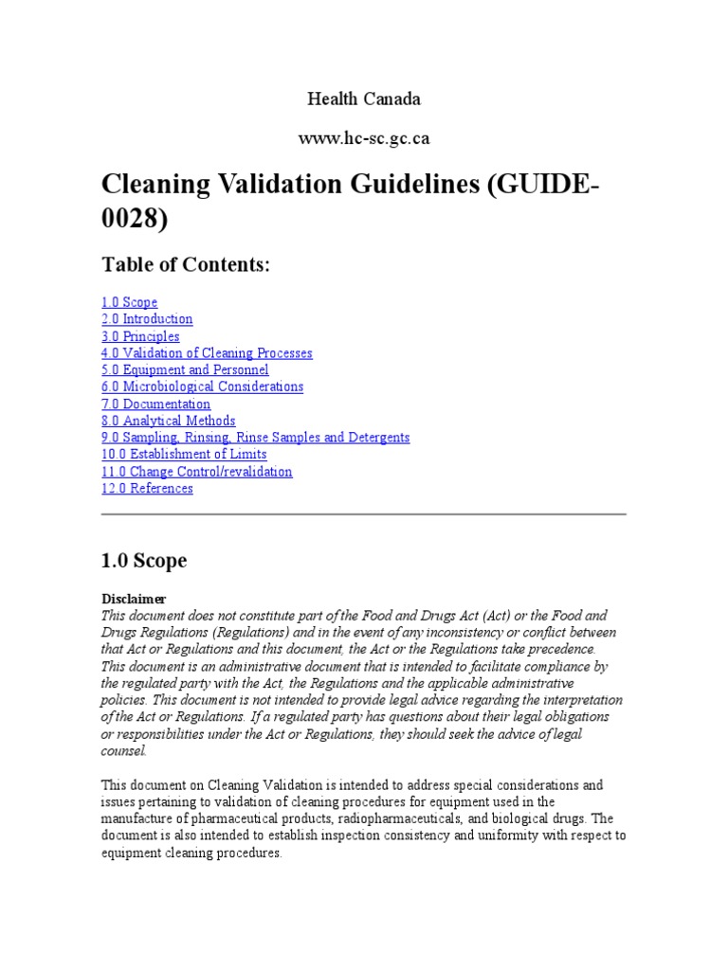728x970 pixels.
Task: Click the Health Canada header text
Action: [364, 99]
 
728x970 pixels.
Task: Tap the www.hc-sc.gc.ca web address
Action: [364, 138]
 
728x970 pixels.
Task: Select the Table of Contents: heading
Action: [186, 266]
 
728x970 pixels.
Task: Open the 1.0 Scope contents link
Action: [130, 302]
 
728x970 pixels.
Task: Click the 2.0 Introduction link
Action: [147, 319]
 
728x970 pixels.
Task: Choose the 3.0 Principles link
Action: [140, 336]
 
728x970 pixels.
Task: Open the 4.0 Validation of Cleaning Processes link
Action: [207, 353]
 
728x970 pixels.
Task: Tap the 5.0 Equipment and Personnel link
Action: [185, 370]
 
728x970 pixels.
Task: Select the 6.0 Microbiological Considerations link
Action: [202, 386]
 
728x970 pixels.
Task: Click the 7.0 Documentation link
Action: [155, 404]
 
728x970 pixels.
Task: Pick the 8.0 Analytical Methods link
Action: [168, 421]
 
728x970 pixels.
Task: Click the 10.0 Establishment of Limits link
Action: [184, 455]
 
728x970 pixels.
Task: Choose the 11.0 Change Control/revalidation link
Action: [196, 472]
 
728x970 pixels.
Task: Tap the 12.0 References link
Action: [147, 489]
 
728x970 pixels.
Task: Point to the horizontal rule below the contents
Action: [364, 514]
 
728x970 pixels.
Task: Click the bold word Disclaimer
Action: [134, 599]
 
